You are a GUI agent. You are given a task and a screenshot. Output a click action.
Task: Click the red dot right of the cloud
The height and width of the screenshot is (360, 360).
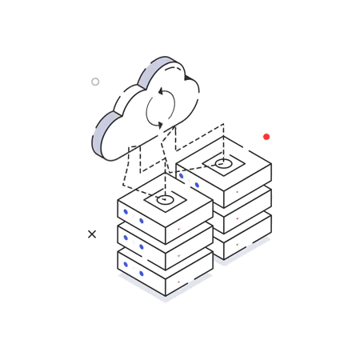click(x=266, y=137)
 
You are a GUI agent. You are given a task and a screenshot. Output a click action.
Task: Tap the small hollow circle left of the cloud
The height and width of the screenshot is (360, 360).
click(x=95, y=82)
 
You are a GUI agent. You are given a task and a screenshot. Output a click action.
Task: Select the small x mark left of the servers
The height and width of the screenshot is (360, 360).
click(x=92, y=234)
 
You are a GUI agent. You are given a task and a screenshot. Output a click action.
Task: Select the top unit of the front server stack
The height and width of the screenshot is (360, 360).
click(x=164, y=220)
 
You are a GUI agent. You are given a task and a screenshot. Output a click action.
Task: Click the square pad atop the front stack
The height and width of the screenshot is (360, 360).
click(x=166, y=199)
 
